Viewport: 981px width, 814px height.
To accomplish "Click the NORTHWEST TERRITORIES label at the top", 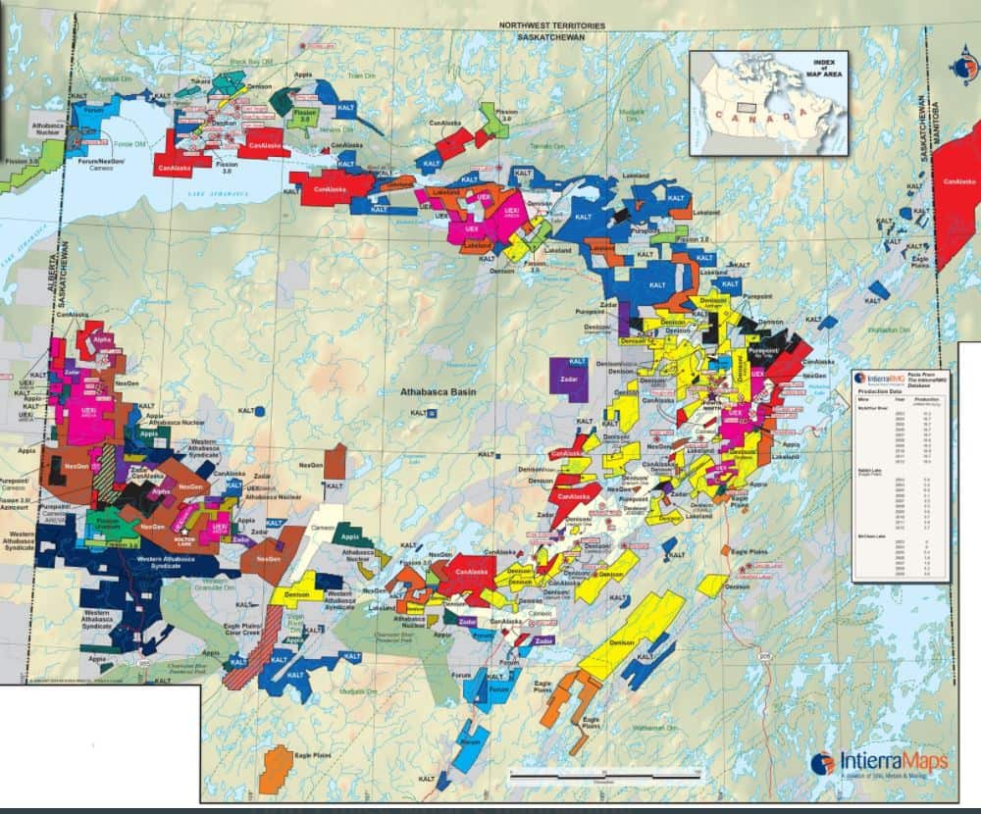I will [x=552, y=25].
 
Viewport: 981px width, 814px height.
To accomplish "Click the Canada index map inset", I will [x=767, y=103].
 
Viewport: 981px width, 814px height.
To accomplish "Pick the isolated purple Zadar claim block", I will [x=568, y=379].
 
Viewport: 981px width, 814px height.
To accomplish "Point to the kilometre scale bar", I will [x=603, y=776].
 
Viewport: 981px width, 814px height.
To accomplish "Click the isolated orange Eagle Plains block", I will [x=278, y=766].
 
